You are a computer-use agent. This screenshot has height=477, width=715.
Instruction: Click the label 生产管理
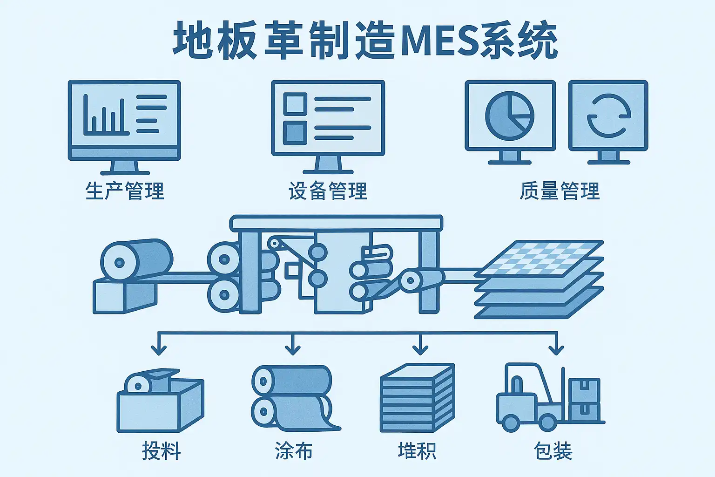125,191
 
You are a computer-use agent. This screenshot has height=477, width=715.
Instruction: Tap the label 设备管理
328,191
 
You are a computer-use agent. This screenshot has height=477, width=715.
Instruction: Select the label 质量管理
560,191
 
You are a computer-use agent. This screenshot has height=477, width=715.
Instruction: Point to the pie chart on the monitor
510,116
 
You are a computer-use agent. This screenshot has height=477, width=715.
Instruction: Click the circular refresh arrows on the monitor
608,116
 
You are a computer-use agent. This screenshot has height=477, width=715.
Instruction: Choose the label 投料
161,451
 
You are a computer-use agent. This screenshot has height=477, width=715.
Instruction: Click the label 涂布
294,451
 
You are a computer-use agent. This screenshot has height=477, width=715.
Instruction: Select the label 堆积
417,451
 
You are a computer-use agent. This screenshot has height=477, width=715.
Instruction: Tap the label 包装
553,451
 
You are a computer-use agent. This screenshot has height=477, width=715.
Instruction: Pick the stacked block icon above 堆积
417,398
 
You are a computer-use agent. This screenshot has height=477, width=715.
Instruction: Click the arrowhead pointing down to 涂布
293,349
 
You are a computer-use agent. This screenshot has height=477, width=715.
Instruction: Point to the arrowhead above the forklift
556,349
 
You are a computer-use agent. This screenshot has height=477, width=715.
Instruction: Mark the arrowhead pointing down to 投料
159,349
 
